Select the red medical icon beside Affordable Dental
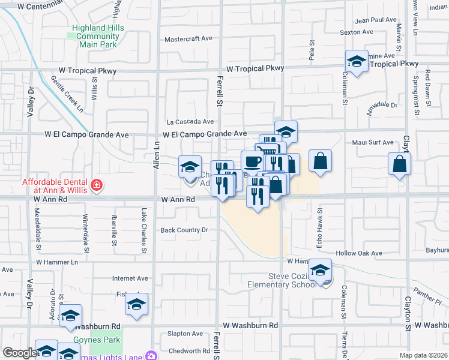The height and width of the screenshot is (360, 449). (x=97, y=186)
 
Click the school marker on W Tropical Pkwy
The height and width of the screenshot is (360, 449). (x=357, y=62)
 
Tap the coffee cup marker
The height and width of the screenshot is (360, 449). (x=252, y=161)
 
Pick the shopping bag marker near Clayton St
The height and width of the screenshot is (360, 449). (x=400, y=164)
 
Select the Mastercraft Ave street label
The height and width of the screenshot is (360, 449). (x=188, y=39)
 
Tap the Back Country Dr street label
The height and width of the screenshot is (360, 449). (x=184, y=230)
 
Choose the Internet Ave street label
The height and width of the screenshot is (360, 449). (x=130, y=278)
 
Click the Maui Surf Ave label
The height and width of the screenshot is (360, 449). (x=373, y=143)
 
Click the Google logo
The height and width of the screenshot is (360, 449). (x=19, y=353)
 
